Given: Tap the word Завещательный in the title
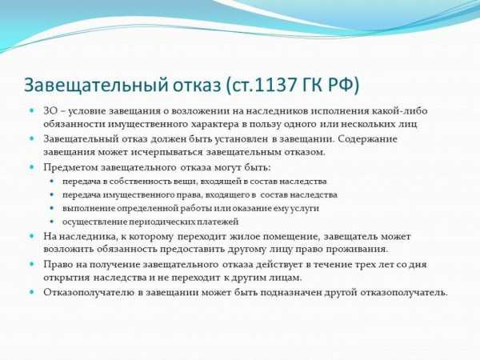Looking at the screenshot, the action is (96, 86).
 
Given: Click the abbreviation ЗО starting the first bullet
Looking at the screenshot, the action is (50, 111).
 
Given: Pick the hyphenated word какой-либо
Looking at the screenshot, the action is (400, 111).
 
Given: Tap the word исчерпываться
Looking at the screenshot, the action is (167, 152).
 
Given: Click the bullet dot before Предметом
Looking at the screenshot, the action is (31, 167).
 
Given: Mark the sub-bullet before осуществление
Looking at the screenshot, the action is (52, 222).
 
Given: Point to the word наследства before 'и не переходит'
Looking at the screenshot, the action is (120, 278).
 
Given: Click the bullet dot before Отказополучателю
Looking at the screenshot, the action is (31, 292).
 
